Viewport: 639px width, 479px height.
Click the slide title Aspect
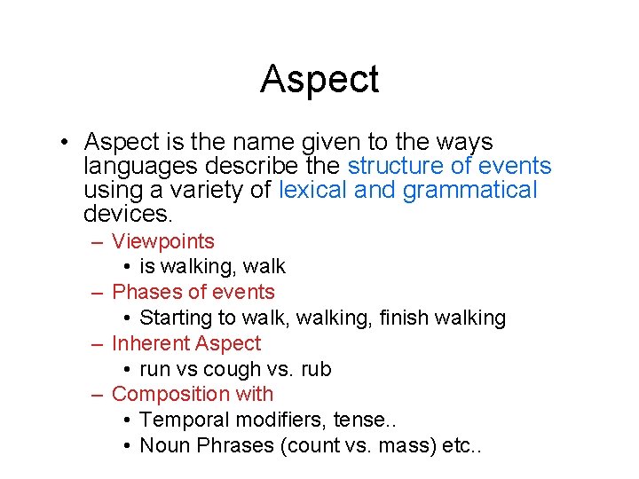pyautogui.click(x=319, y=79)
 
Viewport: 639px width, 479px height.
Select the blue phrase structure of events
pyautogui.click(x=449, y=166)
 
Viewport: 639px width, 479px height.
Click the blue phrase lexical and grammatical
pyautogui.click(x=407, y=190)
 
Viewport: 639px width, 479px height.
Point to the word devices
pyautogui.click(x=128, y=214)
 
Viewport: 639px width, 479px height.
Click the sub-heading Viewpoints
pyautogui.click(x=163, y=241)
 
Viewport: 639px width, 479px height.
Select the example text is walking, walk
pyautogui.click(x=213, y=266)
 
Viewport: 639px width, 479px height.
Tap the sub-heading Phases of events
pyautogui.click(x=193, y=292)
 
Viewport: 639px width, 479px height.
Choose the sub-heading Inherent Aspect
pyautogui.click(x=186, y=343)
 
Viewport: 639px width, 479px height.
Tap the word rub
pyautogui.click(x=315, y=369)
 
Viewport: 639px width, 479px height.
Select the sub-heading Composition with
pyautogui.click(x=193, y=394)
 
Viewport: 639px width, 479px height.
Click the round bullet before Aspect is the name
pyautogui.click(x=67, y=144)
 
